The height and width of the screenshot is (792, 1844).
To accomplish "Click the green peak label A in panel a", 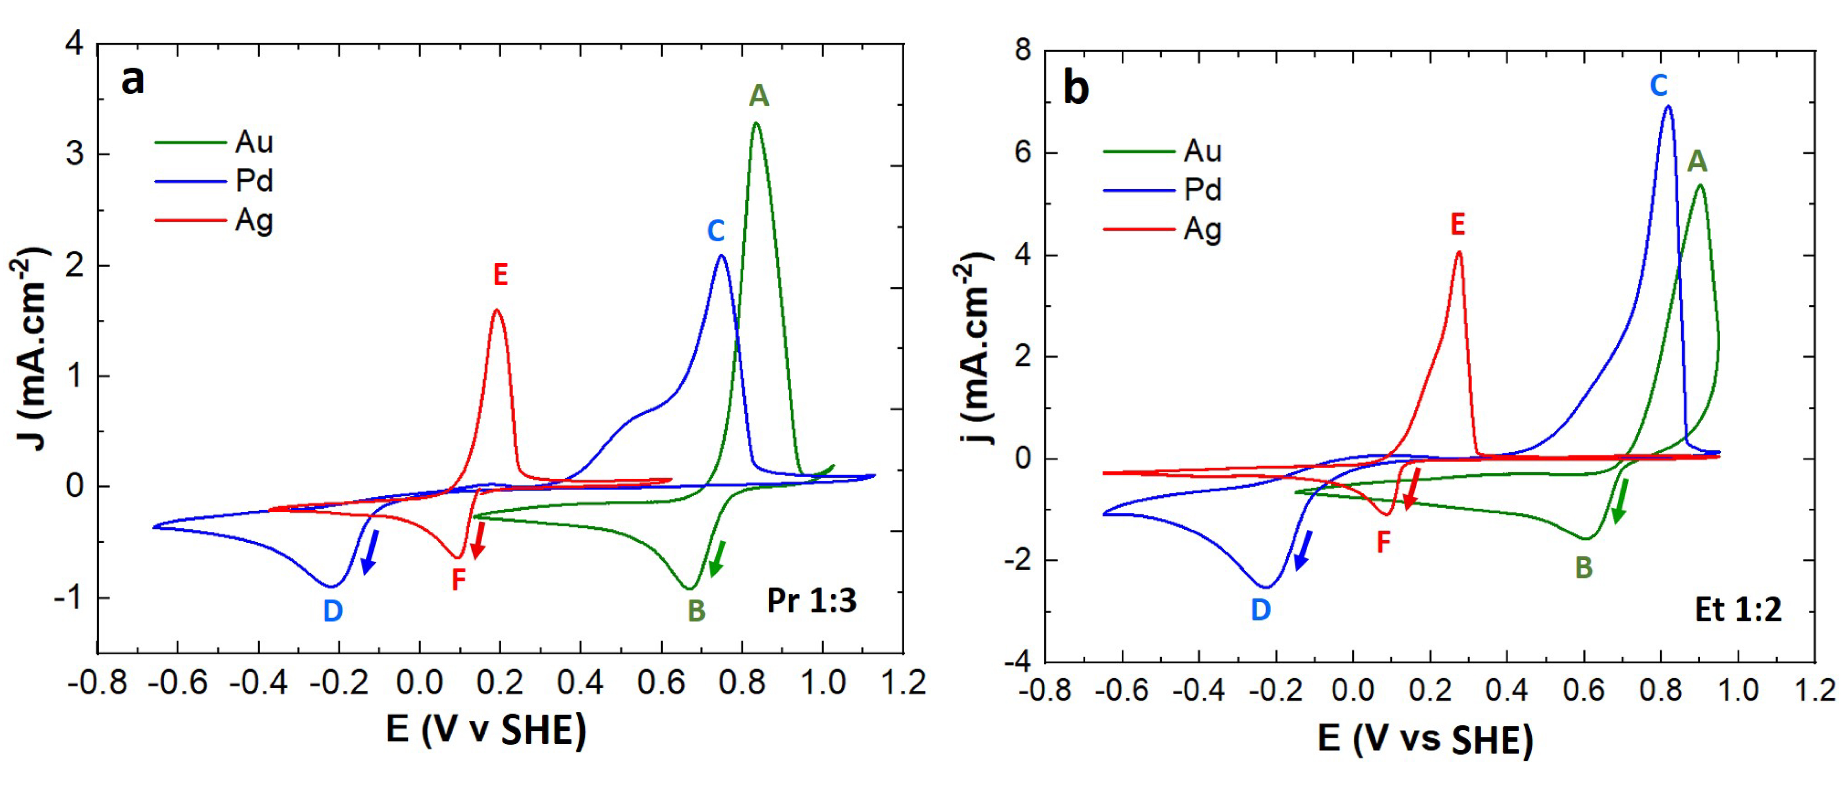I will [759, 96].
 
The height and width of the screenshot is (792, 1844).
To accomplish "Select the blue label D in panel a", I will [333, 611].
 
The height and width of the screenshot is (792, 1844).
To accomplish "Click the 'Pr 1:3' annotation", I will [811, 600].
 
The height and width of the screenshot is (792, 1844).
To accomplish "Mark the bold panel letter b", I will [1076, 89].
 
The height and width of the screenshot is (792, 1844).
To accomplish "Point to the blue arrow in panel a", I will [369, 551].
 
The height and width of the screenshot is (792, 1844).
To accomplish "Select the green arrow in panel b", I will [1620, 501].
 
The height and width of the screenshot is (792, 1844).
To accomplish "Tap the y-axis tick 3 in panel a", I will [75, 155].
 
